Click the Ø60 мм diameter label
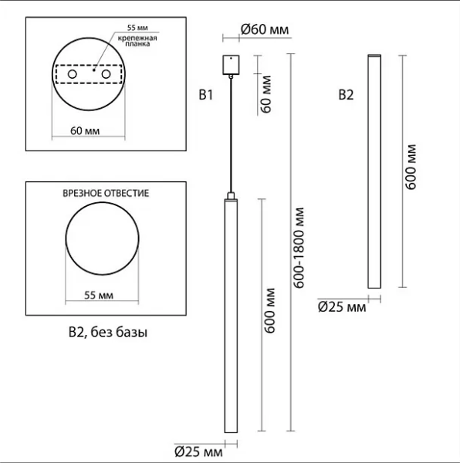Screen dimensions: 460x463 (265, 29)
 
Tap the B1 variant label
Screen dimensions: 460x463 (206, 95)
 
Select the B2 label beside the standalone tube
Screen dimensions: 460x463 (346, 95)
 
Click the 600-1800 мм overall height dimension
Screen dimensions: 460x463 (299, 248)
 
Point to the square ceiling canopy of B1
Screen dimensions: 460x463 (231, 65)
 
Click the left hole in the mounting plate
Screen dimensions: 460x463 (72, 74)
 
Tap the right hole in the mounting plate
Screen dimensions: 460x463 (106, 74)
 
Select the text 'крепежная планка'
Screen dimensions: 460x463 (137, 41)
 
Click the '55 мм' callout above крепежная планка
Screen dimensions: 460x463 (137, 28)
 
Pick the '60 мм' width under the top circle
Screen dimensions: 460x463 (85, 131)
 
